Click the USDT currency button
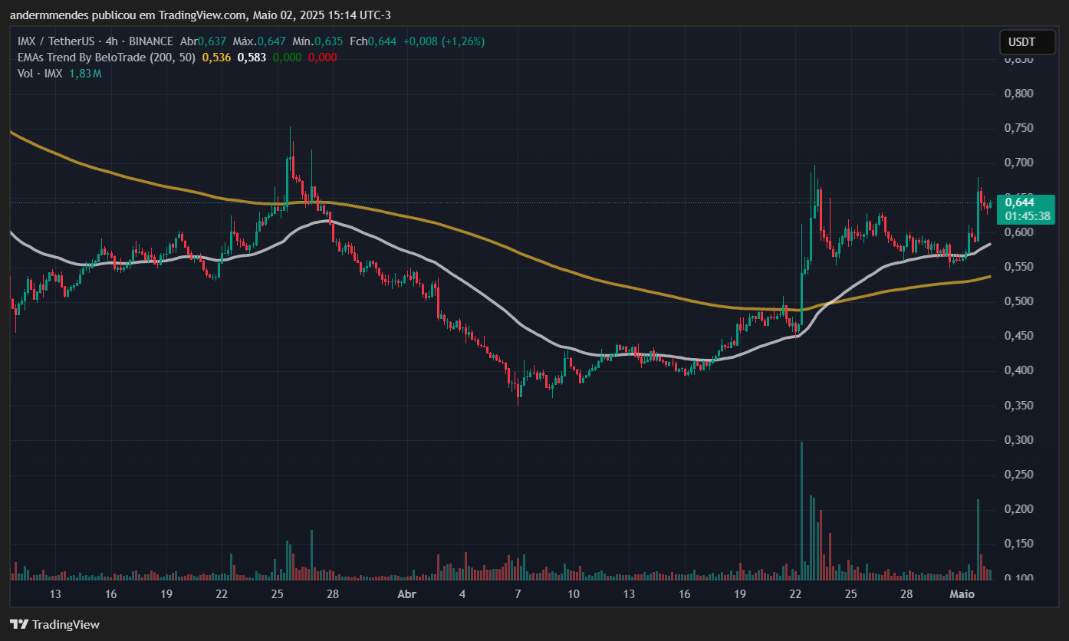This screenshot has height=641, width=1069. point(1021,42)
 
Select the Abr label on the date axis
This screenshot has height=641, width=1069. point(407,594)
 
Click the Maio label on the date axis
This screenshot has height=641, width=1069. point(962,594)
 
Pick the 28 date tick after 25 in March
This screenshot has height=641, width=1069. point(333,594)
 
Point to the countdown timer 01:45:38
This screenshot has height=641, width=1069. point(1028,216)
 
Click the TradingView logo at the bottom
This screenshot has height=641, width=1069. point(54,624)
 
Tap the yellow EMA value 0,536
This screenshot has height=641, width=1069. point(216,57)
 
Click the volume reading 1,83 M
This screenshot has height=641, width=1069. point(85,73)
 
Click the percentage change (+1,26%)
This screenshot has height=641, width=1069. point(461,41)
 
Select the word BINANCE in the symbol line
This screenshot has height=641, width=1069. point(151,41)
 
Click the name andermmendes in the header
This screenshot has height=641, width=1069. point(47,15)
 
